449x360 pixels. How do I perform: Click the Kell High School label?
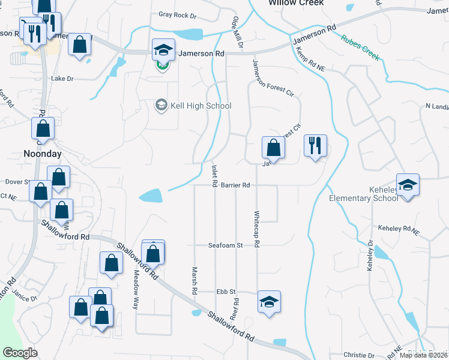pos(193,106)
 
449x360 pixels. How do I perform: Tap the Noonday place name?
pos(42,154)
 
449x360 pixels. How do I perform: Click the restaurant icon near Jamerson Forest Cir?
pos(315,145)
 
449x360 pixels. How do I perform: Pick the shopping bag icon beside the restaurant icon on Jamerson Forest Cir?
pos(273,147)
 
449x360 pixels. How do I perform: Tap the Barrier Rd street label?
pos(235,185)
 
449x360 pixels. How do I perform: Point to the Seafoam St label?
pos(225,245)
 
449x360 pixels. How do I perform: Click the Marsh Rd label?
pos(194,280)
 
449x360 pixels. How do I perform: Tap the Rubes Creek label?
pos(360,48)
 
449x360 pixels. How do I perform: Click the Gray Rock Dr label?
pos(178,15)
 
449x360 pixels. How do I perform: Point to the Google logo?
pos(20,353)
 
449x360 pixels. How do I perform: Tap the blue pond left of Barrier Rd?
pos(150,196)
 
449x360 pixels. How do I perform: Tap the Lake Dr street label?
pos(62,79)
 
